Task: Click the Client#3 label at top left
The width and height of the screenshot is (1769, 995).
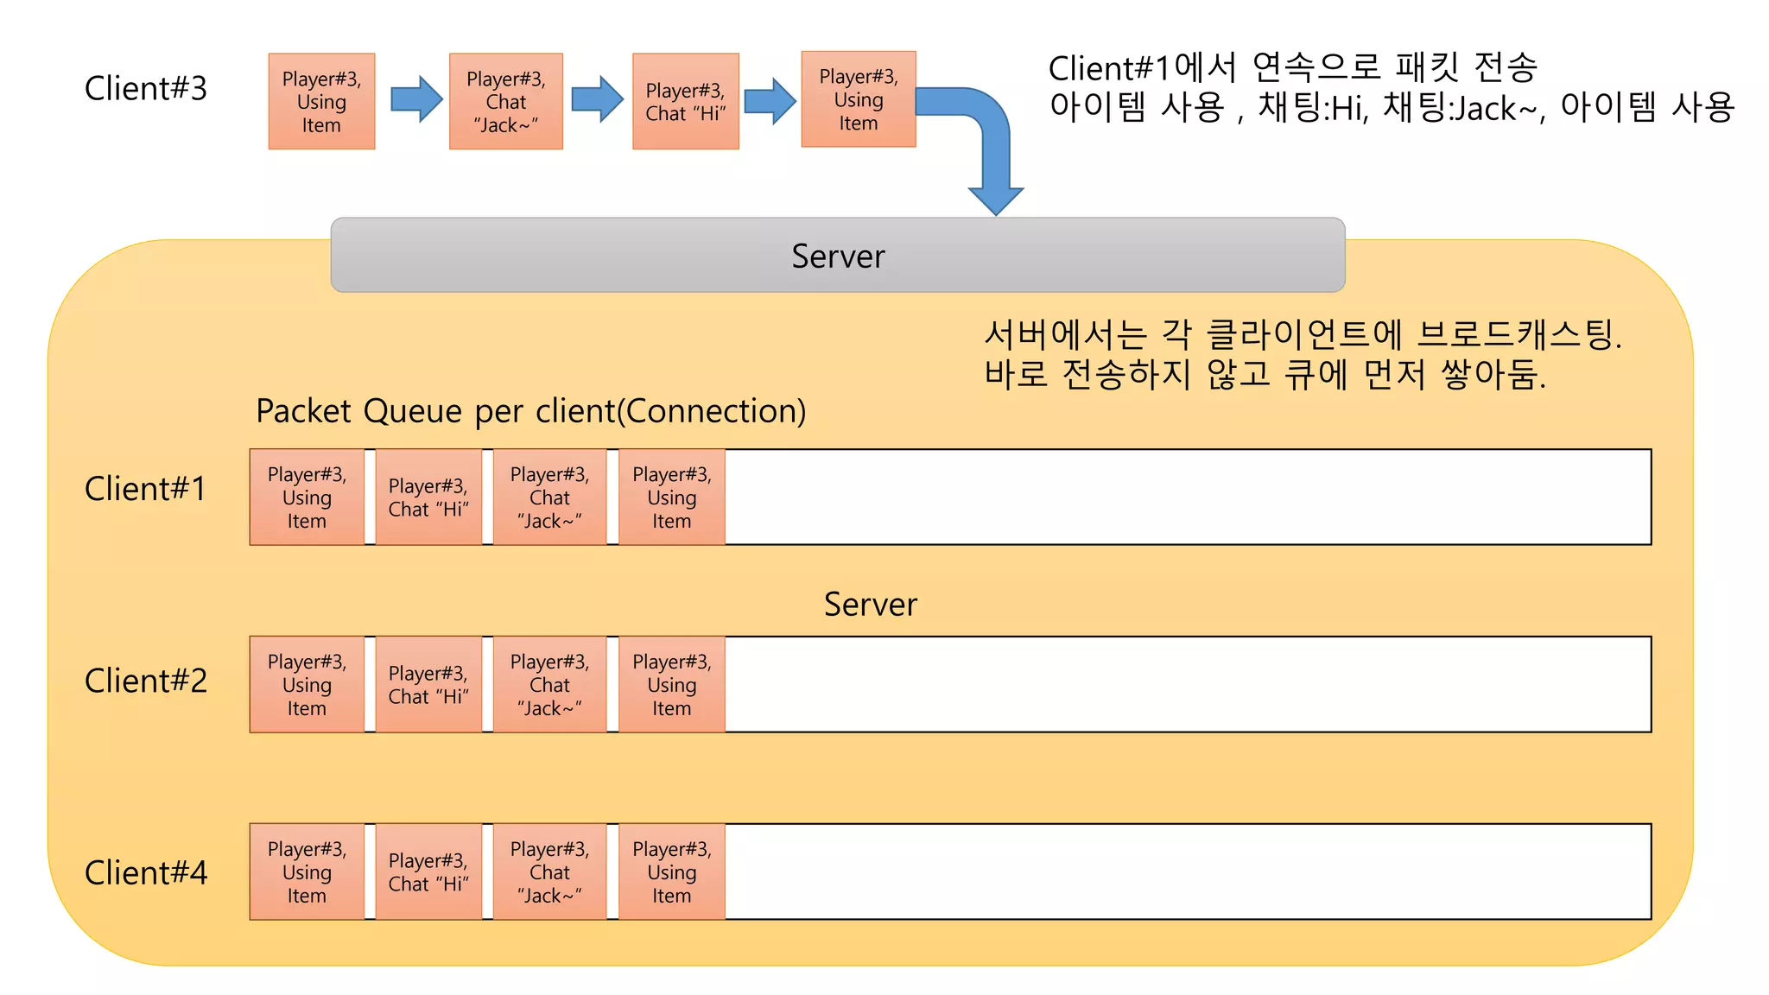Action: point(145,89)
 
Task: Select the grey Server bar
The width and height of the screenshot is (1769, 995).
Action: point(837,256)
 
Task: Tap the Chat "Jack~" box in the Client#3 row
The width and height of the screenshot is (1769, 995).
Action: point(505,102)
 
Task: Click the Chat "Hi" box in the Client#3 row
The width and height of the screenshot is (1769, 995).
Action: point(685,102)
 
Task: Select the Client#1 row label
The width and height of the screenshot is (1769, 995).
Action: point(145,489)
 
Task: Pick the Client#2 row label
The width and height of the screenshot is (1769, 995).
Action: point(145,681)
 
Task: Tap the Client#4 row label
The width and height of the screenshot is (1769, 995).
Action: point(145,872)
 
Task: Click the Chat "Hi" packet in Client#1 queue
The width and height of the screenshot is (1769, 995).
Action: point(428,497)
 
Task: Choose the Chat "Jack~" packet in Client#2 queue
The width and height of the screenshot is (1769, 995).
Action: point(549,685)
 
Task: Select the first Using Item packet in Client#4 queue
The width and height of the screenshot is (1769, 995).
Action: point(307,872)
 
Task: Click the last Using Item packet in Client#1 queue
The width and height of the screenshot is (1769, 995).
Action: point(671,497)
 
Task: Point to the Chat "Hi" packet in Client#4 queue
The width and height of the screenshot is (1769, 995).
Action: point(428,872)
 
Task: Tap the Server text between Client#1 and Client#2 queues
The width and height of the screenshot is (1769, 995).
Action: point(870,605)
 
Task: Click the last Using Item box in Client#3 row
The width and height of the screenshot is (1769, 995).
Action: point(858,99)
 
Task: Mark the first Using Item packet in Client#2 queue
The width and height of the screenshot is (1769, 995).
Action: point(307,685)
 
